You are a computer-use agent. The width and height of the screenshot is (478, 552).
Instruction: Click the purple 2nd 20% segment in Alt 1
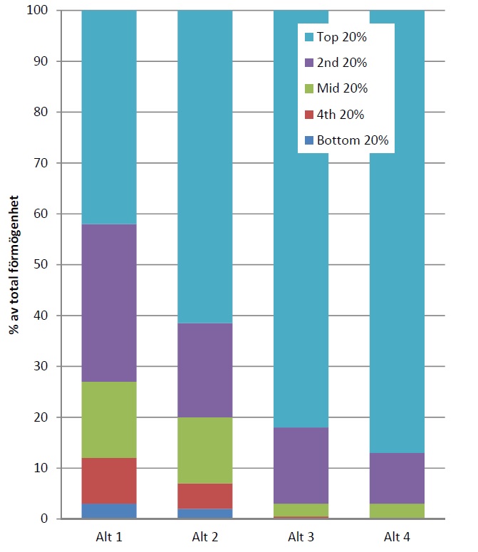coord(109,303)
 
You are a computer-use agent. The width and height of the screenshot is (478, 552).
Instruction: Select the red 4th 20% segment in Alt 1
coord(109,481)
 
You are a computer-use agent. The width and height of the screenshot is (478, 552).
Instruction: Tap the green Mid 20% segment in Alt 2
coord(204,450)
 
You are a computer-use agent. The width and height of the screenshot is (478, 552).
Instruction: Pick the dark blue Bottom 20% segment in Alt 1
coord(109,511)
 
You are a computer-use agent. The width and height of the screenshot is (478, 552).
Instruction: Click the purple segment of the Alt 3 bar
coord(301,465)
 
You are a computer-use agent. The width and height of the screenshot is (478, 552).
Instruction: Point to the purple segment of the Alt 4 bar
coord(397,478)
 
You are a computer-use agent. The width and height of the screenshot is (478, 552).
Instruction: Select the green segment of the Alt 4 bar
coord(397,511)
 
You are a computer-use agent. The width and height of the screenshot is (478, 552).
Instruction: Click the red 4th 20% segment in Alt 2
coord(204,496)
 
